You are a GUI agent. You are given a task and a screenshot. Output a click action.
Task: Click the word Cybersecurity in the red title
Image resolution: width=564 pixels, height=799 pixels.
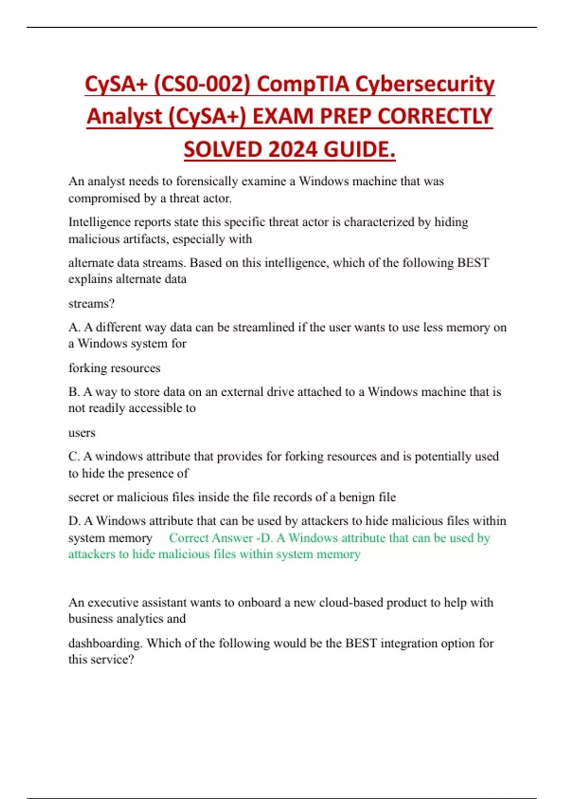point(424,85)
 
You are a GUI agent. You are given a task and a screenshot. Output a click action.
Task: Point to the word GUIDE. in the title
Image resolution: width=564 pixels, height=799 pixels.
point(360,150)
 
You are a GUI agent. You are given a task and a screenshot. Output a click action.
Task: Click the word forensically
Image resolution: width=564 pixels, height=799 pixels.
point(207,181)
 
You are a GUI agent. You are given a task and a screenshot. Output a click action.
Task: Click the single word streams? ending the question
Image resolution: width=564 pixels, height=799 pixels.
point(91,304)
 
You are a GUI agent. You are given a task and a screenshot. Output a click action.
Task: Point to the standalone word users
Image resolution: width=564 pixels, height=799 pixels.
point(82,433)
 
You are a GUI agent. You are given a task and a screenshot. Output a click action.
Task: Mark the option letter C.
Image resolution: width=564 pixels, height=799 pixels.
point(74,456)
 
